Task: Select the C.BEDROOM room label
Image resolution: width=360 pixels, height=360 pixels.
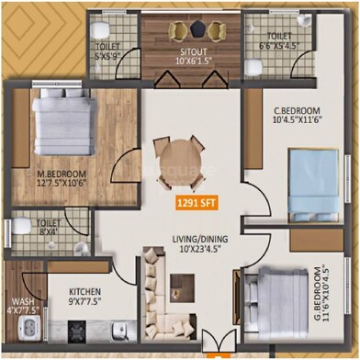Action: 296,114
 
